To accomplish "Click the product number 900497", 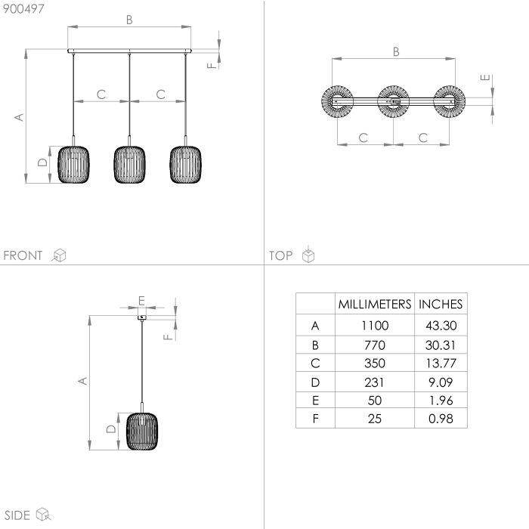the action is pos(23,9).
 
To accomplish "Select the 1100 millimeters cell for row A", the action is pos(375,326).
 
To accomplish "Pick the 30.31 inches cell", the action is pos(441,345).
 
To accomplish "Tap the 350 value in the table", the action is pos(375,363).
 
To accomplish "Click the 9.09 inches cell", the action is pos(441,382).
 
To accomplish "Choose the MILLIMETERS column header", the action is pos(375,305).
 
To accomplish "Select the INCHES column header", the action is pos(441,305).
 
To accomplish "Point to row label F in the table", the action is pos(315,419).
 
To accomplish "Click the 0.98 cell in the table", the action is pos(441,419).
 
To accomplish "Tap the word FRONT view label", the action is pos(23,255).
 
